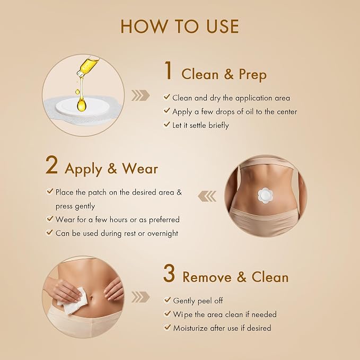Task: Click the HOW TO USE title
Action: [x=180, y=27]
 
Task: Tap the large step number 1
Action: [x=169, y=71]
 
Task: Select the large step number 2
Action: [x=51, y=165]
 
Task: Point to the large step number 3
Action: [x=169, y=273]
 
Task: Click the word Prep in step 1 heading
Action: [x=253, y=75]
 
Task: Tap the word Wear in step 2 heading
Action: [x=140, y=169]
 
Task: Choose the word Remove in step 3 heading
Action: [x=207, y=277]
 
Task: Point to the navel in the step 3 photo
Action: [x=91, y=298]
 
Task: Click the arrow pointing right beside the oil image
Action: [x=141, y=95]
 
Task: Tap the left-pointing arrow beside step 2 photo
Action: [x=207, y=196]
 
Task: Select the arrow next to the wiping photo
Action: [x=141, y=297]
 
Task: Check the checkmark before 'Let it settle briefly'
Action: [x=166, y=125]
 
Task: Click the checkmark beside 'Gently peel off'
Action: [x=168, y=300]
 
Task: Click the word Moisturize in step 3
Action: [x=190, y=328]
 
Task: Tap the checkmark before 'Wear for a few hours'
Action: [x=50, y=218]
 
